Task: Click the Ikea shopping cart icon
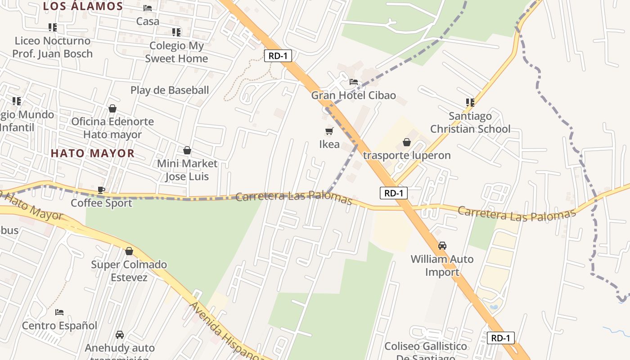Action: coord(329,131)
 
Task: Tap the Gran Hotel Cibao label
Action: coord(353,95)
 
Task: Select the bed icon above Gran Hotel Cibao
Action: coord(354,82)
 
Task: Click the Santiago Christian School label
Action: coord(470,122)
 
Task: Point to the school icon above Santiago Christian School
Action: coord(470,102)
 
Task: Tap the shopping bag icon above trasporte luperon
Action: coord(407,142)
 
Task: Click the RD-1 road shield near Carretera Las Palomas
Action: coord(393,193)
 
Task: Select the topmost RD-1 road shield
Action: coord(278,56)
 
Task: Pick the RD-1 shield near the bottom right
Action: coord(500,338)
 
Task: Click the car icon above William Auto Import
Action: coord(442,246)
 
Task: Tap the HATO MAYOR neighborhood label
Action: coord(93,153)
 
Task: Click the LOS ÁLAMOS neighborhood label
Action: coord(83,6)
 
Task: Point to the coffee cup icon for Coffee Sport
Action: coord(101,190)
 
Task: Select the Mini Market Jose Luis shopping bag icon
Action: coord(187,150)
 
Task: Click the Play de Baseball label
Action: coord(170,90)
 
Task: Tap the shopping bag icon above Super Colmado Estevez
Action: coord(129,251)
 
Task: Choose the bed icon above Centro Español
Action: coord(59,312)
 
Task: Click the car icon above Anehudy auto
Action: coord(120,335)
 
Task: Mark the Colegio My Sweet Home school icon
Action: coord(176,32)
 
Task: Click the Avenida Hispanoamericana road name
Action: coord(225,331)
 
